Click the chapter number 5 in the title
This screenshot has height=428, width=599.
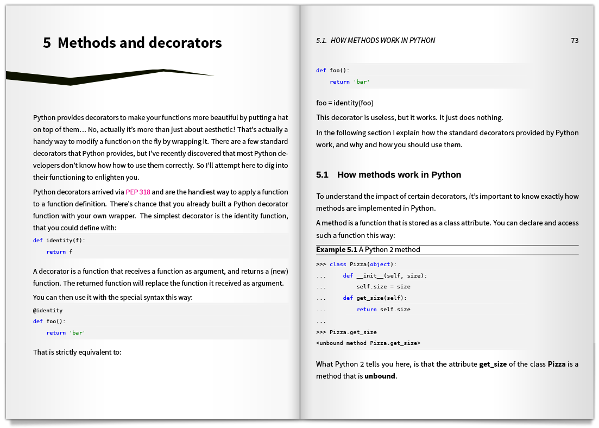click(47, 43)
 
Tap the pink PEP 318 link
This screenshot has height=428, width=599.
click(138, 192)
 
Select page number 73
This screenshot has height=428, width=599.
click(575, 40)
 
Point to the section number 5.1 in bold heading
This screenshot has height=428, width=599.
click(323, 175)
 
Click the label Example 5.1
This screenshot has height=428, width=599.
click(337, 250)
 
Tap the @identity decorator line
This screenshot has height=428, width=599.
click(48, 311)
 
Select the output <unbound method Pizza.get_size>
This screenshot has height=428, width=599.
click(368, 343)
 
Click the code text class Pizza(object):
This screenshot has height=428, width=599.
click(363, 265)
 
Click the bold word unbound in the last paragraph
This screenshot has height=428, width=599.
click(380, 376)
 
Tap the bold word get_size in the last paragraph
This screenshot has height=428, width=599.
click(493, 364)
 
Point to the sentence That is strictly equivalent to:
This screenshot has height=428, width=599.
click(77, 352)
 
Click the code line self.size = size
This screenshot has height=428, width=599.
click(383, 287)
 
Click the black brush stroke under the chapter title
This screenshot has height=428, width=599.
click(109, 77)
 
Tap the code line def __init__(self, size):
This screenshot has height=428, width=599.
click(384, 276)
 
